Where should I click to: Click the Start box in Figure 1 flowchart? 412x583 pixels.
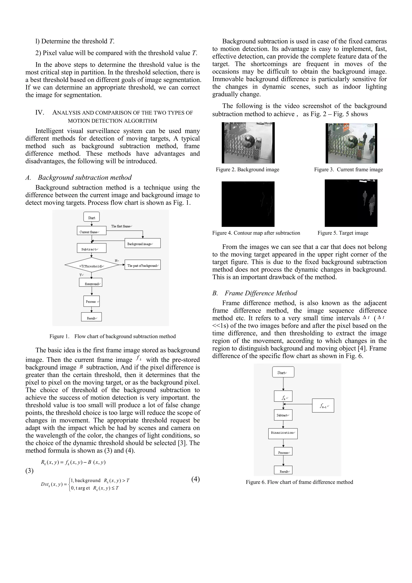91,217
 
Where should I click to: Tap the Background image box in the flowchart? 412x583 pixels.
142,243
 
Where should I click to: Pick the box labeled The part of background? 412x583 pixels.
142,265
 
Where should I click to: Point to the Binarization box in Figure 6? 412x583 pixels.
283,434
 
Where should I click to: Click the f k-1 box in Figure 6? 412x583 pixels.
323,406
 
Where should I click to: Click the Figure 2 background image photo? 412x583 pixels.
248,143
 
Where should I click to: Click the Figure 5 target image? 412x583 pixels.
351,203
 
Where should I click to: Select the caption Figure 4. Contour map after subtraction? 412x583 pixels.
256,233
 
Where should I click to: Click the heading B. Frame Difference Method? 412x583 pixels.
255,293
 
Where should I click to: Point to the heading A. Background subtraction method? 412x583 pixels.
78,177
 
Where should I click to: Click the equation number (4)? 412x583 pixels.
196,479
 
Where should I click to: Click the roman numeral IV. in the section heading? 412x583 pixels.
40,112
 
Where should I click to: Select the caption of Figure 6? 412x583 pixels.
299,482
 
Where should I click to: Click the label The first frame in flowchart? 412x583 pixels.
121,226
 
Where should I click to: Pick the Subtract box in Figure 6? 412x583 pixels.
283,415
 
